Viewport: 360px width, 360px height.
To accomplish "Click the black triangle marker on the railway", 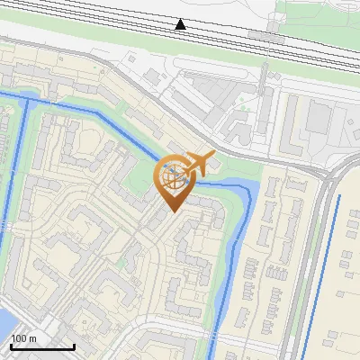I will (181, 24).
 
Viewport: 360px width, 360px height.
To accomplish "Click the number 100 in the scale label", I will (20, 338).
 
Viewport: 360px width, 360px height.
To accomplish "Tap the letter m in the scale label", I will (32, 338).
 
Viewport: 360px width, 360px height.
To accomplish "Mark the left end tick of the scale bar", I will (11, 346).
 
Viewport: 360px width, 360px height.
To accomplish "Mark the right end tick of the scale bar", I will (74, 346).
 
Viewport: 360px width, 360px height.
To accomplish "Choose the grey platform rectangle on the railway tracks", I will (261, 36).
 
